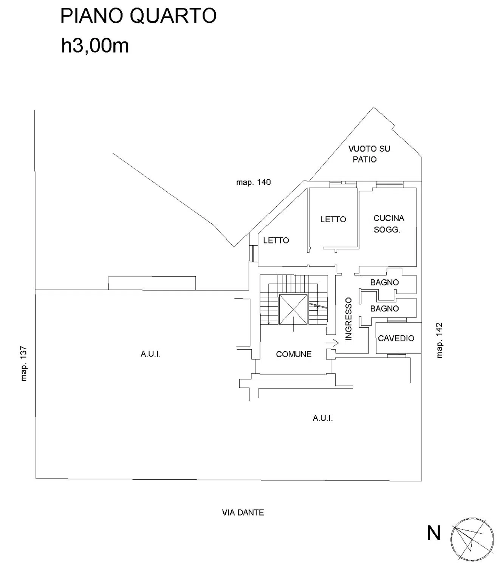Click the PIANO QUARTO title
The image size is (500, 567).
138,16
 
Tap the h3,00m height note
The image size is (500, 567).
95,46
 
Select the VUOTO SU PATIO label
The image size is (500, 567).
369,154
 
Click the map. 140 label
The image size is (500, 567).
254,183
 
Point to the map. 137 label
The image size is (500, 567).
24,364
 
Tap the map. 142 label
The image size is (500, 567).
439,340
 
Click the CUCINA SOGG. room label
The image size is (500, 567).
389,224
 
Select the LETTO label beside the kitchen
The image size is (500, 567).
333,219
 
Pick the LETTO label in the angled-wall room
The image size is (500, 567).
276,240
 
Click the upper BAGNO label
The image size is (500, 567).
384,282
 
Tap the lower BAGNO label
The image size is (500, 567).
384,309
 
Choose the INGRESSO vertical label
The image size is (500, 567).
348,319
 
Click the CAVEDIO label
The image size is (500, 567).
396,338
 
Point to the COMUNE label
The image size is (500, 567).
294,354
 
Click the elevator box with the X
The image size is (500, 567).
293,309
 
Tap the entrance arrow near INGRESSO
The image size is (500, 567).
333,342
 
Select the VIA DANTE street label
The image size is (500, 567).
243,513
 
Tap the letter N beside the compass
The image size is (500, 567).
434,533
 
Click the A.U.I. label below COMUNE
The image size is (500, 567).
323,418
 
